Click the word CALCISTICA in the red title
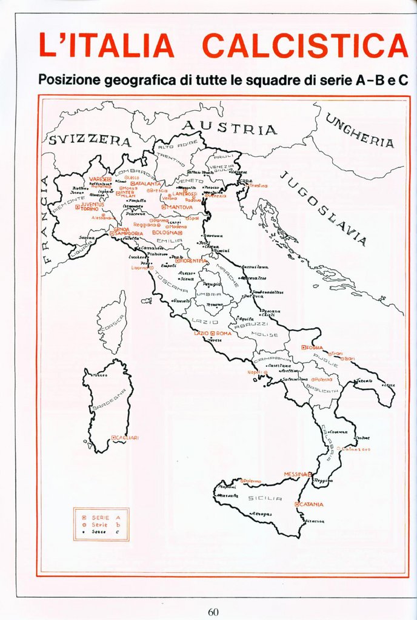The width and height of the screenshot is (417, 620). (x=305, y=45)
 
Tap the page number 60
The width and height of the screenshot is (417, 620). (x=213, y=612)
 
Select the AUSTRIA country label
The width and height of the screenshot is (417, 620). (x=230, y=128)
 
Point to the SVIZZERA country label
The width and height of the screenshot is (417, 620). (x=89, y=140)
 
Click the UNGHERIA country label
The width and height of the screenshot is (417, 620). (x=360, y=131)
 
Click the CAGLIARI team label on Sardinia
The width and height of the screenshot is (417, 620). (x=127, y=438)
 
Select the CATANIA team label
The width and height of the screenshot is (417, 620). (x=311, y=504)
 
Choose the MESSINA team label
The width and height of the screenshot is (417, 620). (x=296, y=474)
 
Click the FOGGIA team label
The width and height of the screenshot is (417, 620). (x=315, y=348)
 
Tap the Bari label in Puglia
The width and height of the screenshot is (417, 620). (x=349, y=359)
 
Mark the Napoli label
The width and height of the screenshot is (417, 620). (x=255, y=372)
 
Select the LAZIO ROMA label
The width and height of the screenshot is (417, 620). (x=213, y=334)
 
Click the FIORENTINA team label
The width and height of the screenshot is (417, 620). (x=193, y=260)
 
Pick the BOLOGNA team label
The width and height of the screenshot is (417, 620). (x=165, y=232)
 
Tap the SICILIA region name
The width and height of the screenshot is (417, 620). (x=265, y=498)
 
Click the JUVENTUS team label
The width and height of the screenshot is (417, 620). (x=92, y=205)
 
